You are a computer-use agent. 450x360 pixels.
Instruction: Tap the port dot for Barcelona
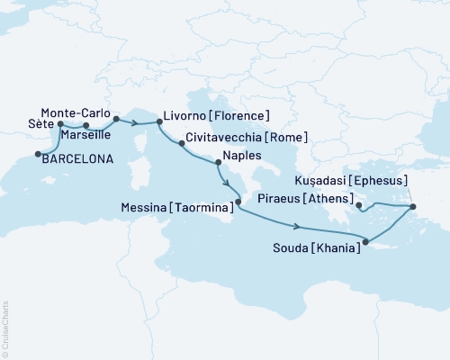pos(37,155)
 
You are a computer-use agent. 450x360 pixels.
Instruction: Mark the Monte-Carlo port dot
pos(116,118)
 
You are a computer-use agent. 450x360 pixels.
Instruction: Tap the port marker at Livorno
pos(159,120)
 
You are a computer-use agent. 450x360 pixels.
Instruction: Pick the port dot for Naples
pos(218,163)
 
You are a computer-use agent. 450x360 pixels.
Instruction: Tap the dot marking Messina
pos(238,212)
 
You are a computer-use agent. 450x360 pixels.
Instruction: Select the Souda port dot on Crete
pos(364,239)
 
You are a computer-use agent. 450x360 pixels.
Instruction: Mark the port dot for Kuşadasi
pos(412,208)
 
